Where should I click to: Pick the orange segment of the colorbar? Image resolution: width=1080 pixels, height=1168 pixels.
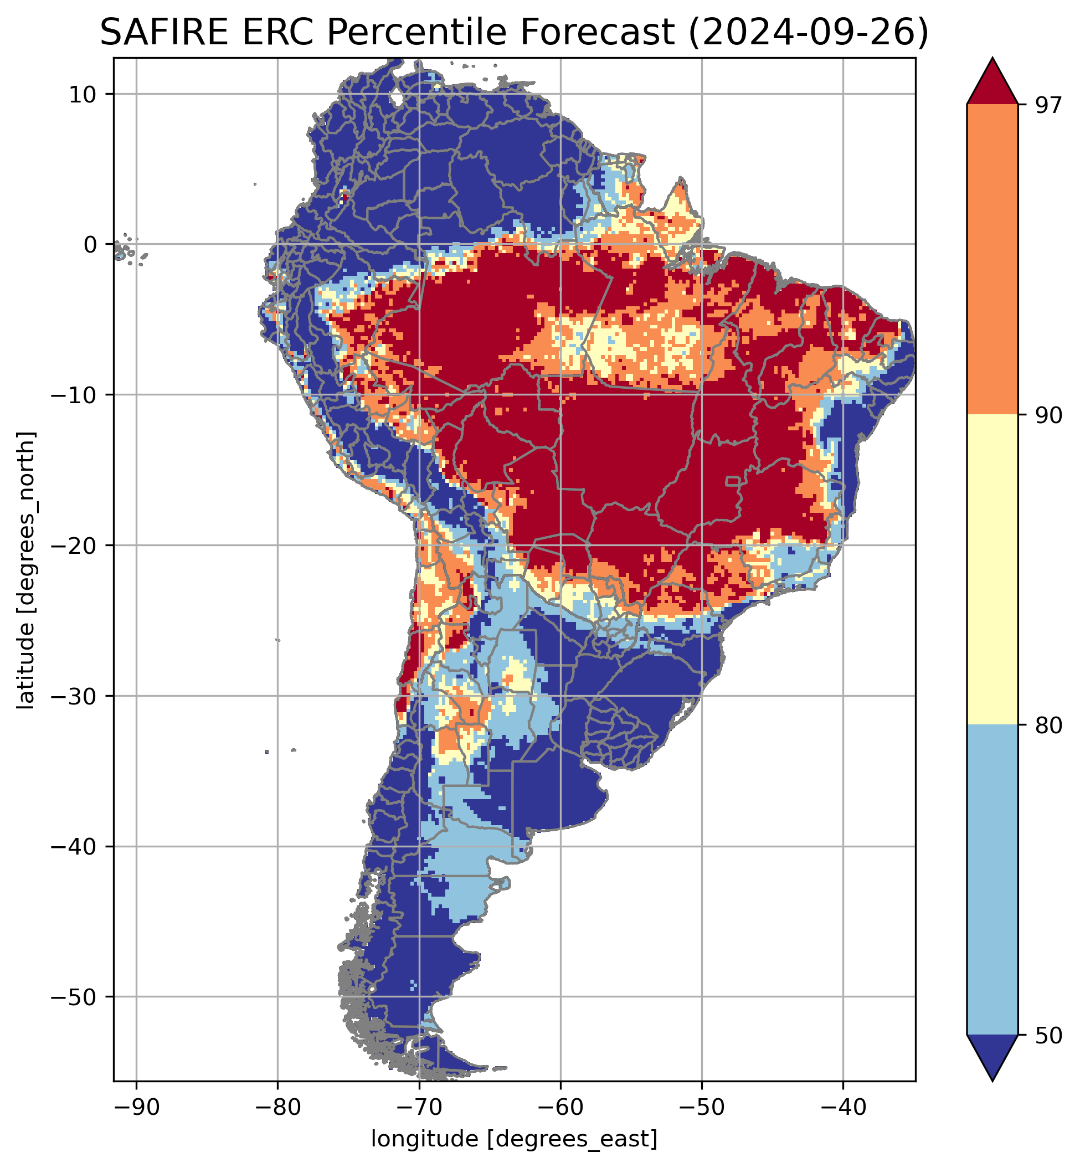(x=992, y=260)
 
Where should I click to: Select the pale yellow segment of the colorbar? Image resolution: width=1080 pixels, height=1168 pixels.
(x=992, y=570)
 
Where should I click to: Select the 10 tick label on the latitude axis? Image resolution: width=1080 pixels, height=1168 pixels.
(x=83, y=94)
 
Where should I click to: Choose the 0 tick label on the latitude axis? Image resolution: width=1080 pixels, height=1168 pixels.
(x=90, y=245)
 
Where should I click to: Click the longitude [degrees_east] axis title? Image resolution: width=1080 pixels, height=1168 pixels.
(x=515, y=1139)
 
